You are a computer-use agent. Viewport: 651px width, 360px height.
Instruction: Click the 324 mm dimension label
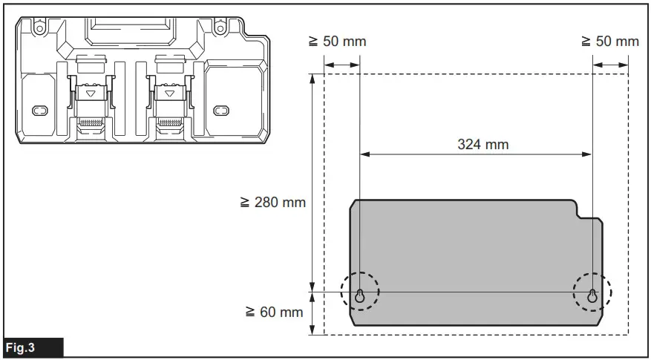point(482,145)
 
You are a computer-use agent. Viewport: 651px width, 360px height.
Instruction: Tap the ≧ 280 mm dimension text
point(272,202)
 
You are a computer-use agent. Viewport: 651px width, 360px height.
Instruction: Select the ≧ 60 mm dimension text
point(274,312)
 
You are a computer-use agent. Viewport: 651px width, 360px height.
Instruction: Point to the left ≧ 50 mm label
point(337,42)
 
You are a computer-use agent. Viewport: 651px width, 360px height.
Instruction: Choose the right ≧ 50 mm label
point(610,42)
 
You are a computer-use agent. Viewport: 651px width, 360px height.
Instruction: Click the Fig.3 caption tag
point(34,347)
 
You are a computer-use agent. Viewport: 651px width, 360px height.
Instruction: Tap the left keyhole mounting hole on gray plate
point(360,296)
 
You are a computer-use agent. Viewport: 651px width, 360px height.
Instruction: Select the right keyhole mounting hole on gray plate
point(592,296)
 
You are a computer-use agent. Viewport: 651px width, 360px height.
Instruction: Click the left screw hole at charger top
point(39,29)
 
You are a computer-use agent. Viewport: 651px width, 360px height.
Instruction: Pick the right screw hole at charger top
point(220,29)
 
